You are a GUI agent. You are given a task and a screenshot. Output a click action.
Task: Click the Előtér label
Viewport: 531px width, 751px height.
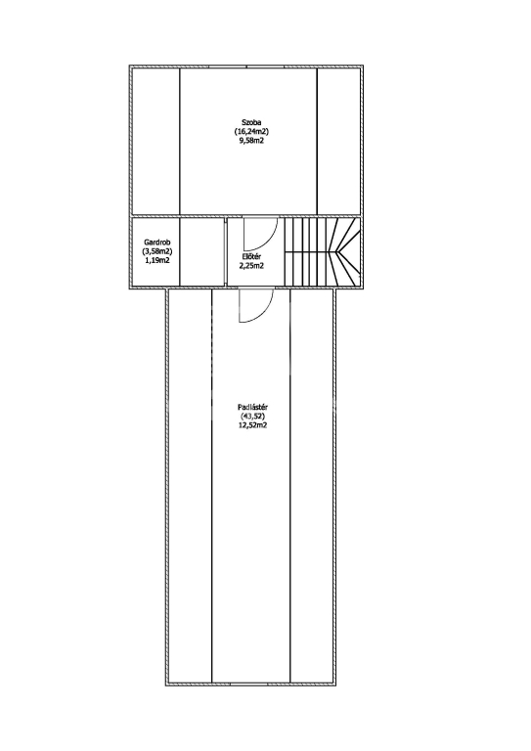251,257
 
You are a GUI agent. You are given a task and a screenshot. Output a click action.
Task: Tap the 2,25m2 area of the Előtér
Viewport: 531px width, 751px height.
251,266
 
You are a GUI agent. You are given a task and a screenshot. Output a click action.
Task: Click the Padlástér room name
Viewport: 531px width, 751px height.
252,407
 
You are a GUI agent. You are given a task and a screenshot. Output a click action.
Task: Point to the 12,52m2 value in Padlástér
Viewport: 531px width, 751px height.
252,425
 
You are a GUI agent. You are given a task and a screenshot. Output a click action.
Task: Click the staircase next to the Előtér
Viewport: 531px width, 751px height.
323,252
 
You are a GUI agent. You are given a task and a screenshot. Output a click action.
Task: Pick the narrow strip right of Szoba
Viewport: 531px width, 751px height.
338,142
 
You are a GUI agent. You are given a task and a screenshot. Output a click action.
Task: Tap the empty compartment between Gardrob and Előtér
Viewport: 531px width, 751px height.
201,252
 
